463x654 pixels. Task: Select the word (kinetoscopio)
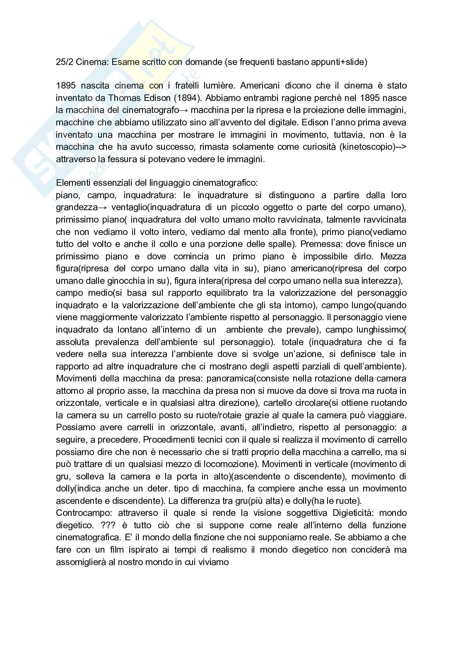pos(366,147)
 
